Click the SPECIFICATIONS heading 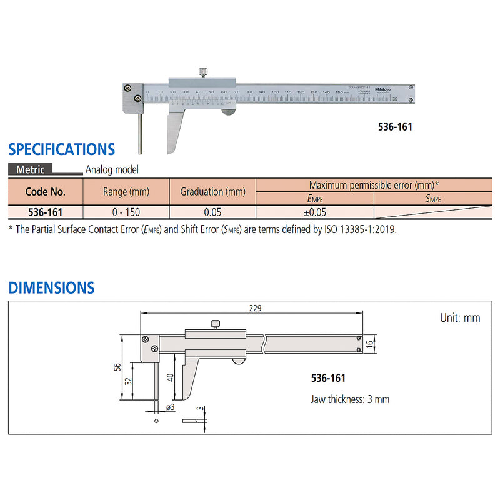pos(61,149)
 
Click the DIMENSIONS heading pos(51,288)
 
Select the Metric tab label pos(30,169)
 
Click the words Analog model pos(112,169)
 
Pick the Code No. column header pos(45,191)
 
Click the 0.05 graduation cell pos(212,212)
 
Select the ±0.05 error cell pos(314,212)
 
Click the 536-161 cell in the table pos(45,212)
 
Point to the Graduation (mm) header pos(212,192)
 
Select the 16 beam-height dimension pos(370,344)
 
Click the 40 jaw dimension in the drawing pos(171,377)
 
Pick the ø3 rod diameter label pos(170,407)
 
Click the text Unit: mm pos(460,318)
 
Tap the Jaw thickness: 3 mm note pos(350,399)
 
